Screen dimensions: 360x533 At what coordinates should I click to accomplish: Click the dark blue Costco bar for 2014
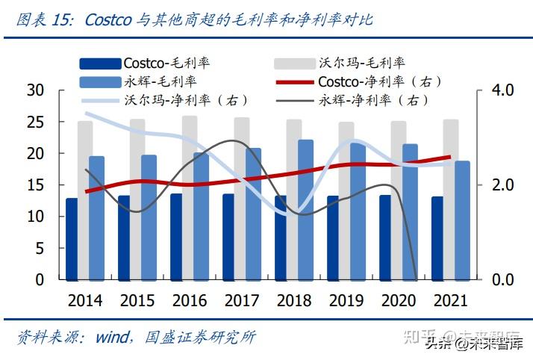[72, 239]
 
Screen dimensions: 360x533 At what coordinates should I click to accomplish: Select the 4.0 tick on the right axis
[504, 90]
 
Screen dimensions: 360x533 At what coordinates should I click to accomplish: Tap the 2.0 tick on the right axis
[504, 185]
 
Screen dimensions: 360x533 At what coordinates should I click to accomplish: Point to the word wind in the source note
[113, 338]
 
